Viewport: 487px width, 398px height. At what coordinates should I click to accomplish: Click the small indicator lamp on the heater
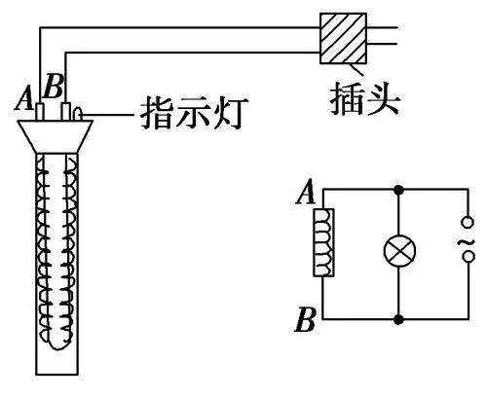(80, 115)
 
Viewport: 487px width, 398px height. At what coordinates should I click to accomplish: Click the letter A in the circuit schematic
(304, 196)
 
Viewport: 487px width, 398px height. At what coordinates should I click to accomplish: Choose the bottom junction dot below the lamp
(396, 318)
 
